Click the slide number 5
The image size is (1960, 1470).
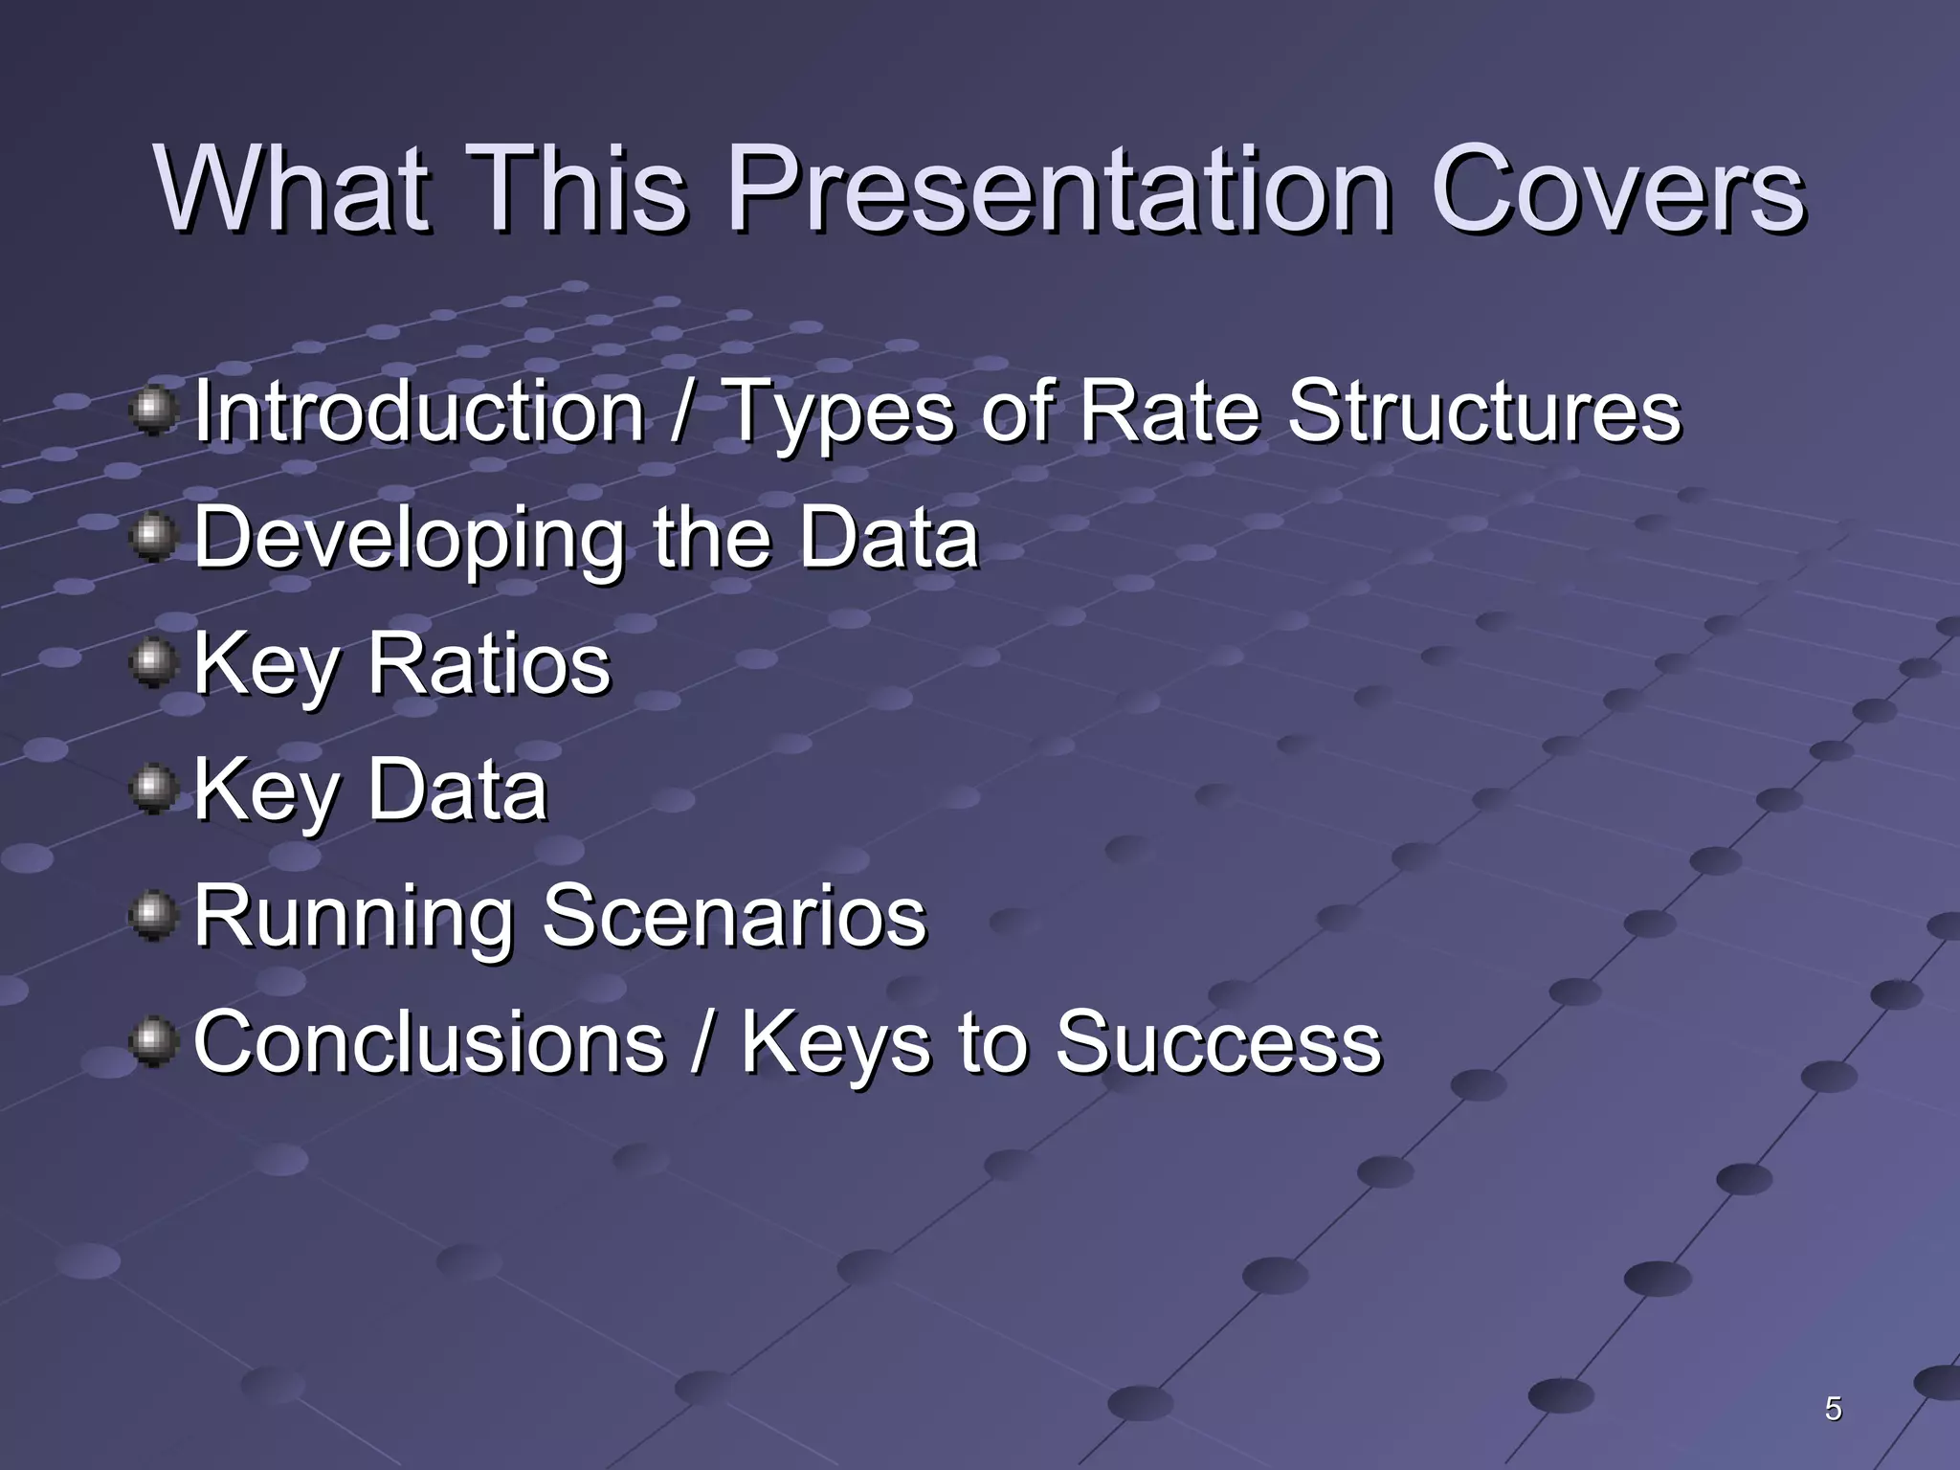tap(1833, 1409)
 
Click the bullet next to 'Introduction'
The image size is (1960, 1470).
tap(152, 411)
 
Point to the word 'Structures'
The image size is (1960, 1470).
tap(1483, 412)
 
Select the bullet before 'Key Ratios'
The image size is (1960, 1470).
tap(152, 663)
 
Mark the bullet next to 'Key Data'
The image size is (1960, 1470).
tap(152, 790)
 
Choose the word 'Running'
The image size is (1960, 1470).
tap(354, 916)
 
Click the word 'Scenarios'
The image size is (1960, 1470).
tap(734, 916)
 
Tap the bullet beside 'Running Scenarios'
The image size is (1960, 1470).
tap(152, 916)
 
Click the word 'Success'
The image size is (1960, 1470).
tap(1218, 1042)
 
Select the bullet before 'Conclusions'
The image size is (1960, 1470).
tap(152, 1042)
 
